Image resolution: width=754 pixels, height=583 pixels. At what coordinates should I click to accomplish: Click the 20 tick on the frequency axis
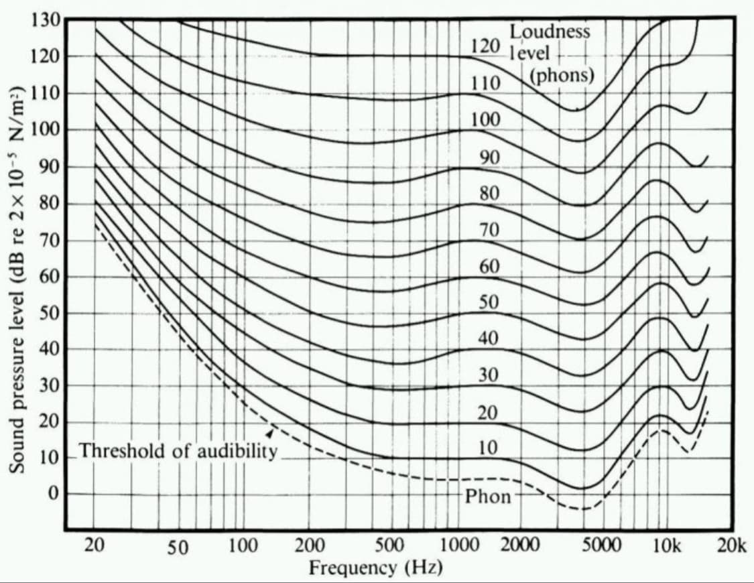tap(95, 545)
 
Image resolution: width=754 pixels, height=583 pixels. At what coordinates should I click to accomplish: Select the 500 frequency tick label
tap(389, 545)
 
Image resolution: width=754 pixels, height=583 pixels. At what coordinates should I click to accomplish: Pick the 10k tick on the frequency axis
tap(666, 545)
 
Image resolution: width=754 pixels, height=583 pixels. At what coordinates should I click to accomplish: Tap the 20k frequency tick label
tap(731, 545)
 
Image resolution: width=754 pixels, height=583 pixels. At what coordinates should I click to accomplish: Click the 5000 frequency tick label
tap(601, 545)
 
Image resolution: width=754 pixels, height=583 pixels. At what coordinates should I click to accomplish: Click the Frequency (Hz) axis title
tap(375, 568)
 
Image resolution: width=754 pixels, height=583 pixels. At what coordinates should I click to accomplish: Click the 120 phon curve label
tap(485, 46)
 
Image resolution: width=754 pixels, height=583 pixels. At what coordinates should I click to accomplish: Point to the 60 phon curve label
tap(488, 266)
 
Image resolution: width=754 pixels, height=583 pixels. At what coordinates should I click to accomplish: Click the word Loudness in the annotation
tap(550, 31)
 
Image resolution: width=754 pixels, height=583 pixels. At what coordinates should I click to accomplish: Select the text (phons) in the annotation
tap(562, 75)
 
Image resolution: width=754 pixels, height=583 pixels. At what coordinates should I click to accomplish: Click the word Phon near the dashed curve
tap(488, 497)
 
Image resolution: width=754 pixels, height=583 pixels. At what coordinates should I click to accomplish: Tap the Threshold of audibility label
tap(178, 451)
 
